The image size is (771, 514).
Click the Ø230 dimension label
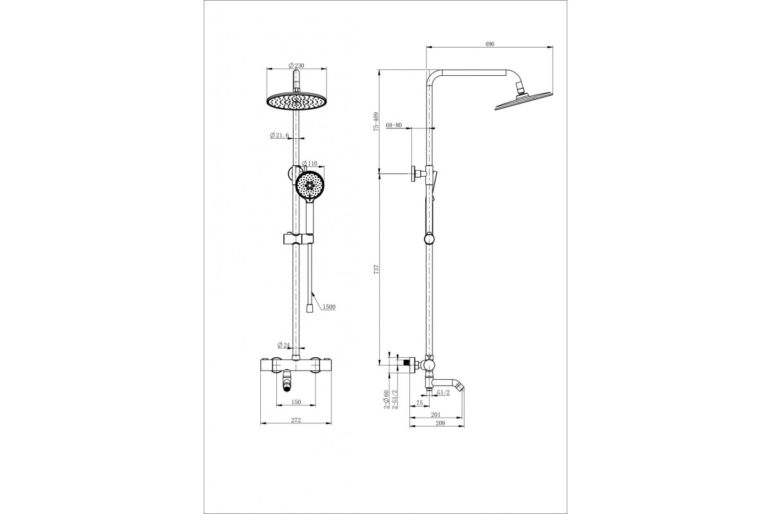pos(296,66)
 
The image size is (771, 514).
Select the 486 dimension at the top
pos(490,44)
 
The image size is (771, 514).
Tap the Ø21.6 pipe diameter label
pos(279,136)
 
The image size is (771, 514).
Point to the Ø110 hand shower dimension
pos(309,163)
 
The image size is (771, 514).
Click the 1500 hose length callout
pos(329,306)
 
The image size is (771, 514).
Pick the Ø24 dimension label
pos(284,344)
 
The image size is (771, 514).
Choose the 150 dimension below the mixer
pos(296,402)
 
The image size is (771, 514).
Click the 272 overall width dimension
pos(296,420)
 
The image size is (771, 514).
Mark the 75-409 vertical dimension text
pos(377,121)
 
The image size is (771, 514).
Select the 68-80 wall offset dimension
pos(394,125)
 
